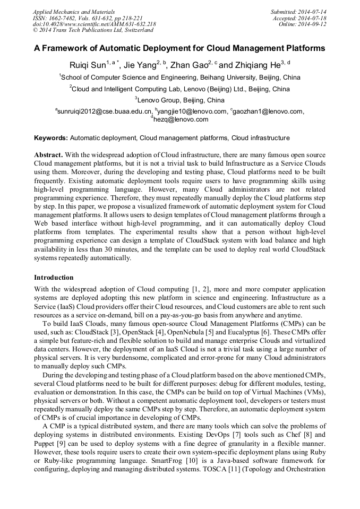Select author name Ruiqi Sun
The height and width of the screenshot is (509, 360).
click(x=88, y=65)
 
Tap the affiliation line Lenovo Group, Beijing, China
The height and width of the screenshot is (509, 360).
click(x=181, y=100)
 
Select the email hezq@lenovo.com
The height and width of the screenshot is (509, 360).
click(x=181, y=119)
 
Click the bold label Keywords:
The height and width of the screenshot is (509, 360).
click(x=51, y=138)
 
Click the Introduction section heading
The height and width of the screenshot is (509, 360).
click(x=54, y=278)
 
